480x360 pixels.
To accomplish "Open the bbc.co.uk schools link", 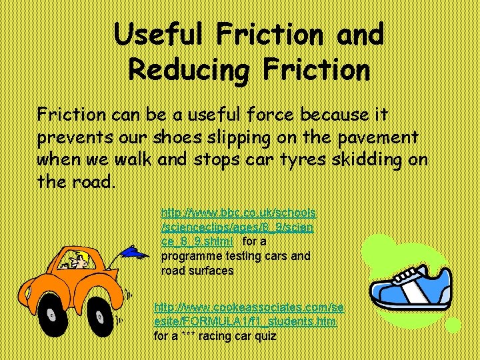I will click(238, 213).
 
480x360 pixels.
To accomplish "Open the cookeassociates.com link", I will click(249, 307).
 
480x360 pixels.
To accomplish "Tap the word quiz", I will click(265, 336).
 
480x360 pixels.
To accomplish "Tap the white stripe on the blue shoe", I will click(411, 291).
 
